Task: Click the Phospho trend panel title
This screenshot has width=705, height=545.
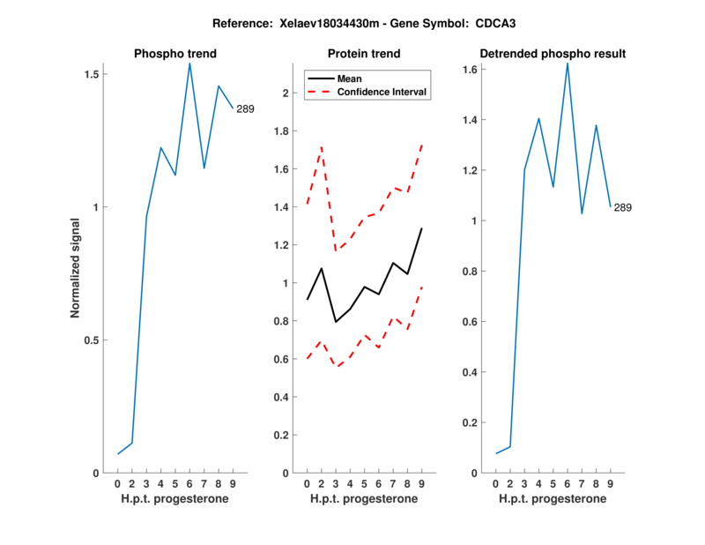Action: tap(174, 54)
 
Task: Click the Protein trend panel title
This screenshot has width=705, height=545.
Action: tap(364, 54)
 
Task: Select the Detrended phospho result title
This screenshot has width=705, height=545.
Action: tap(553, 54)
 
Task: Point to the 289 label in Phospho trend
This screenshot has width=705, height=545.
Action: tap(245, 109)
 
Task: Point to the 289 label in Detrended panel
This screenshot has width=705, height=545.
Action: tap(623, 207)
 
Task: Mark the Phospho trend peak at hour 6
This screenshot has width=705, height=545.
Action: tap(189, 63)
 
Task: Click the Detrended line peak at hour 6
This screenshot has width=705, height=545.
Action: tap(568, 63)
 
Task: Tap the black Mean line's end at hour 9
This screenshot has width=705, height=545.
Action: tap(422, 228)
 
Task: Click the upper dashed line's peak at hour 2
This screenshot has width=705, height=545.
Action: tap(322, 146)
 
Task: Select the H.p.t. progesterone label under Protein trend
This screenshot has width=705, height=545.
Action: tap(364, 499)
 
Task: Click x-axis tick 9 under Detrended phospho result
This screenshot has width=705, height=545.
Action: tap(611, 484)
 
